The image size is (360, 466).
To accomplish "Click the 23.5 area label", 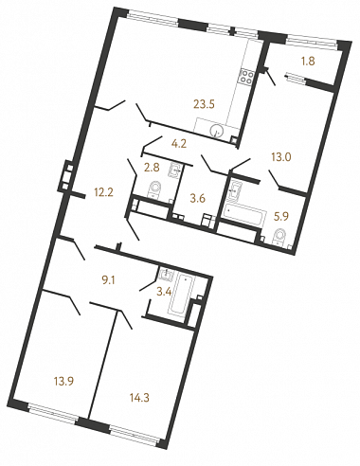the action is [204, 104].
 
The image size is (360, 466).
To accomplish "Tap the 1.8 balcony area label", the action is [308, 62].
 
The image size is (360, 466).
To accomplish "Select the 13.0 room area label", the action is [281, 156].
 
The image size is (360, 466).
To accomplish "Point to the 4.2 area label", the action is [179, 144].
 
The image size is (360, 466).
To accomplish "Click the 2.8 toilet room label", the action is [152, 168].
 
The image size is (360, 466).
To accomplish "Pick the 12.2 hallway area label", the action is [103, 192].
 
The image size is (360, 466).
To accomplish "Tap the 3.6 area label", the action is [197, 199].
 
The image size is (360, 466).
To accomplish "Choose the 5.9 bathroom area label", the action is [280, 217].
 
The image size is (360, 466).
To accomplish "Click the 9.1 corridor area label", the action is [108, 280].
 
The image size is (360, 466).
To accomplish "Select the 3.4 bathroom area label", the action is [164, 292].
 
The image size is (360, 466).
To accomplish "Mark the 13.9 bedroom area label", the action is [63, 382].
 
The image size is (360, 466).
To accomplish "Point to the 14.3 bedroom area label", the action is [139, 398].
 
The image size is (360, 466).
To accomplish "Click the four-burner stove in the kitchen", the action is [246, 77].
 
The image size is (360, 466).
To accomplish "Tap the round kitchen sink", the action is [218, 130].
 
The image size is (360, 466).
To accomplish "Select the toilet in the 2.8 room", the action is [154, 188].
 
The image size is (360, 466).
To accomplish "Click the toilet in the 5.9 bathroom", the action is [279, 237].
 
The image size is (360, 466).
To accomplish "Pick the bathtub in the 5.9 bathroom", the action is [243, 215].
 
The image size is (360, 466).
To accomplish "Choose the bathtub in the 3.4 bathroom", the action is [180, 294].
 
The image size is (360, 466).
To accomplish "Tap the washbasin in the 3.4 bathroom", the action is [166, 274].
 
